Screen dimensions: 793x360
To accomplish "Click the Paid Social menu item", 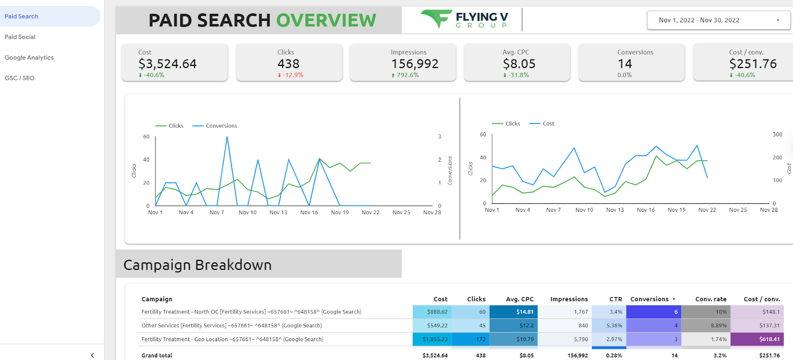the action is (x=20, y=37).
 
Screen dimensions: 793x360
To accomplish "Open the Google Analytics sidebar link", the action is (x=29, y=58).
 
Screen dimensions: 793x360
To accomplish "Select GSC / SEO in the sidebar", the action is (x=19, y=78).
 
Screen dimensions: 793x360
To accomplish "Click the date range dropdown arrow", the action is (x=778, y=20).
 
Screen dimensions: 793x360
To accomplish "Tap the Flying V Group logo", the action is (x=464, y=19).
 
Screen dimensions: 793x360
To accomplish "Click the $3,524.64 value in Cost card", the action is (x=168, y=64).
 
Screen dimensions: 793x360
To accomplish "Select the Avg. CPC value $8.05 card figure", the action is (x=519, y=64).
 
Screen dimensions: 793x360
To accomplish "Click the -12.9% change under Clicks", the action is (x=290, y=75).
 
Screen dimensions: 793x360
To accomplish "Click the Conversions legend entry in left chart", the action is (x=215, y=126).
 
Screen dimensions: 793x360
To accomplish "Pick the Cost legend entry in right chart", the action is (x=542, y=123).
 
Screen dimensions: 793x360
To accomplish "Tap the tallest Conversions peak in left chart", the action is (x=227, y=137).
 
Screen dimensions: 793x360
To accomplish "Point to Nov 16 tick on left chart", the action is (x=309, y=212).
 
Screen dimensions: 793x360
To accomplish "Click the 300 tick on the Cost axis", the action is (x=778, y=134).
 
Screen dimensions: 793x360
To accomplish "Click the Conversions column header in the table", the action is (x=650, y=299).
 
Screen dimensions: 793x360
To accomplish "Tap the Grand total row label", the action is (x=157, y=356).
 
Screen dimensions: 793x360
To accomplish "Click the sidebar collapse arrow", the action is (x=92, y=355).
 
